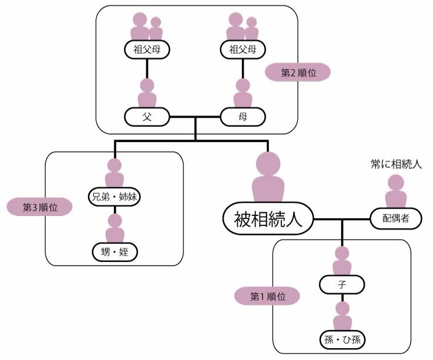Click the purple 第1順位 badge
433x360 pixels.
[267, 296]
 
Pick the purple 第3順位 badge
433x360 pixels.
[39, 207]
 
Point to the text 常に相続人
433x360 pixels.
[396, 164]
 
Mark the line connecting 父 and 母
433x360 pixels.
[195, 117]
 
